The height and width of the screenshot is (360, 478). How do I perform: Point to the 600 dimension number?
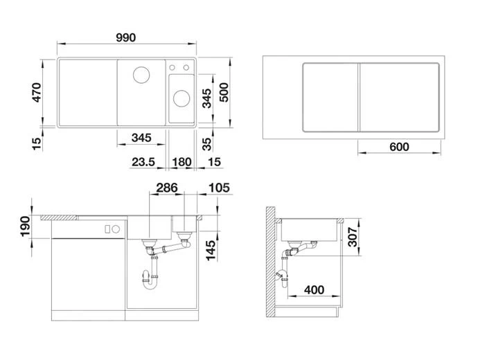[399, 147]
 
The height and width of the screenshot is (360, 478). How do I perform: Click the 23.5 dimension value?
[142, 162]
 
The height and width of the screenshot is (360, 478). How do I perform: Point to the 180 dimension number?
[181, 162]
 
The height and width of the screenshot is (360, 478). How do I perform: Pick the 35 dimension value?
[206, 144]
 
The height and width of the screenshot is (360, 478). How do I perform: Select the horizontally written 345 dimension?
[141, 138]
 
